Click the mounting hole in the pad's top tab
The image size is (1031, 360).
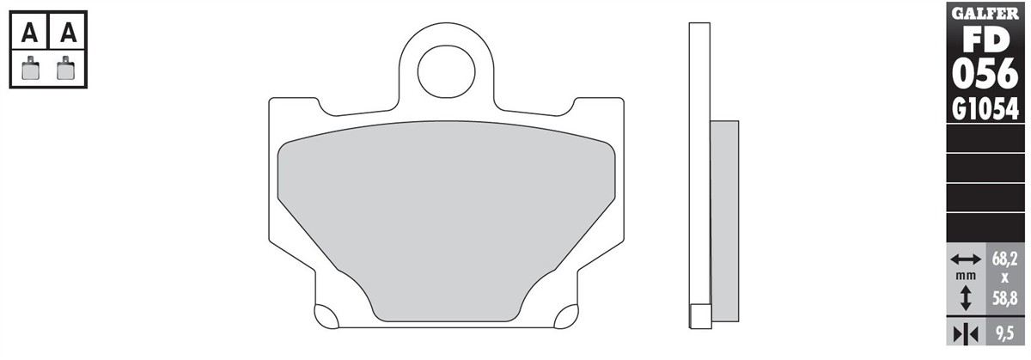click(446, 71)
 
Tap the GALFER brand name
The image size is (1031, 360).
click(985, 14)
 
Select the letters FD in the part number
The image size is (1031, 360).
click(985, 42)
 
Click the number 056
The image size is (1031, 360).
click(985, 74)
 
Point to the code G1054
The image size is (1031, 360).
click(985, 110)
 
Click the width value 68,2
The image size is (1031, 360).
click(1004, 259)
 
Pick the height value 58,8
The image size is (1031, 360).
click(1004, 299)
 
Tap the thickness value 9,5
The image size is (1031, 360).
click(1004, 333)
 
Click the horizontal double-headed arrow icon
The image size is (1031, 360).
click(966, 259)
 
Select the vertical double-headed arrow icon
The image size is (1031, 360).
click(966, 297)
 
